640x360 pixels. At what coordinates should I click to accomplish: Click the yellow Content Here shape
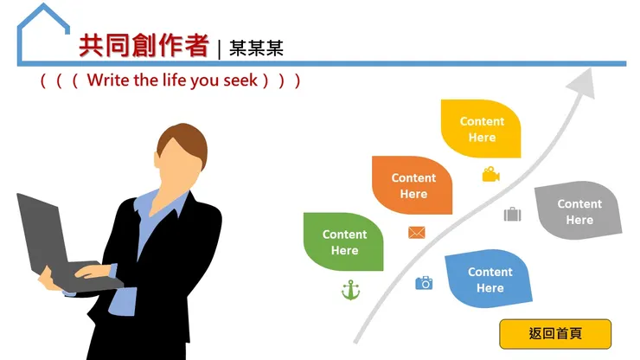click(x=481, y=129)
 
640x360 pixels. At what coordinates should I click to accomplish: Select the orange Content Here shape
click(x=413, y=185)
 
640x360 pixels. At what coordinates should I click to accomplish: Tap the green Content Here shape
click(x=343, y=241)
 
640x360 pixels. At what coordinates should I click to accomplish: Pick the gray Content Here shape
click(x=579, y=211)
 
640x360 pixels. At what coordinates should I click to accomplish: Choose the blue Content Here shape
click(x=489, y=279)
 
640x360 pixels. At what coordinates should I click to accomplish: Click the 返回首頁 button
click(x=555, y=333)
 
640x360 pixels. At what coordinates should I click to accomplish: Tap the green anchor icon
click(x=350, y=290)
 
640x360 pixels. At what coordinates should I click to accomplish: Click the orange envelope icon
click(x=417, y=232)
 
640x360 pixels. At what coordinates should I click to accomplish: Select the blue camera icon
click(x=424, y=283)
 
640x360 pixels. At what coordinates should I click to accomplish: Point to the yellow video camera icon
click(x=491, y=175)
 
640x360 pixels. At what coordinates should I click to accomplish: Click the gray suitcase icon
click(x=512, y=214)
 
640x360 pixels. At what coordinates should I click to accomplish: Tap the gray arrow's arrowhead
click(x=585, y=82)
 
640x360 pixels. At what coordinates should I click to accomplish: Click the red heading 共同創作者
click(x=144, y=46)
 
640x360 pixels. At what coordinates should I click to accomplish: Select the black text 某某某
click(x=256, y=48)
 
